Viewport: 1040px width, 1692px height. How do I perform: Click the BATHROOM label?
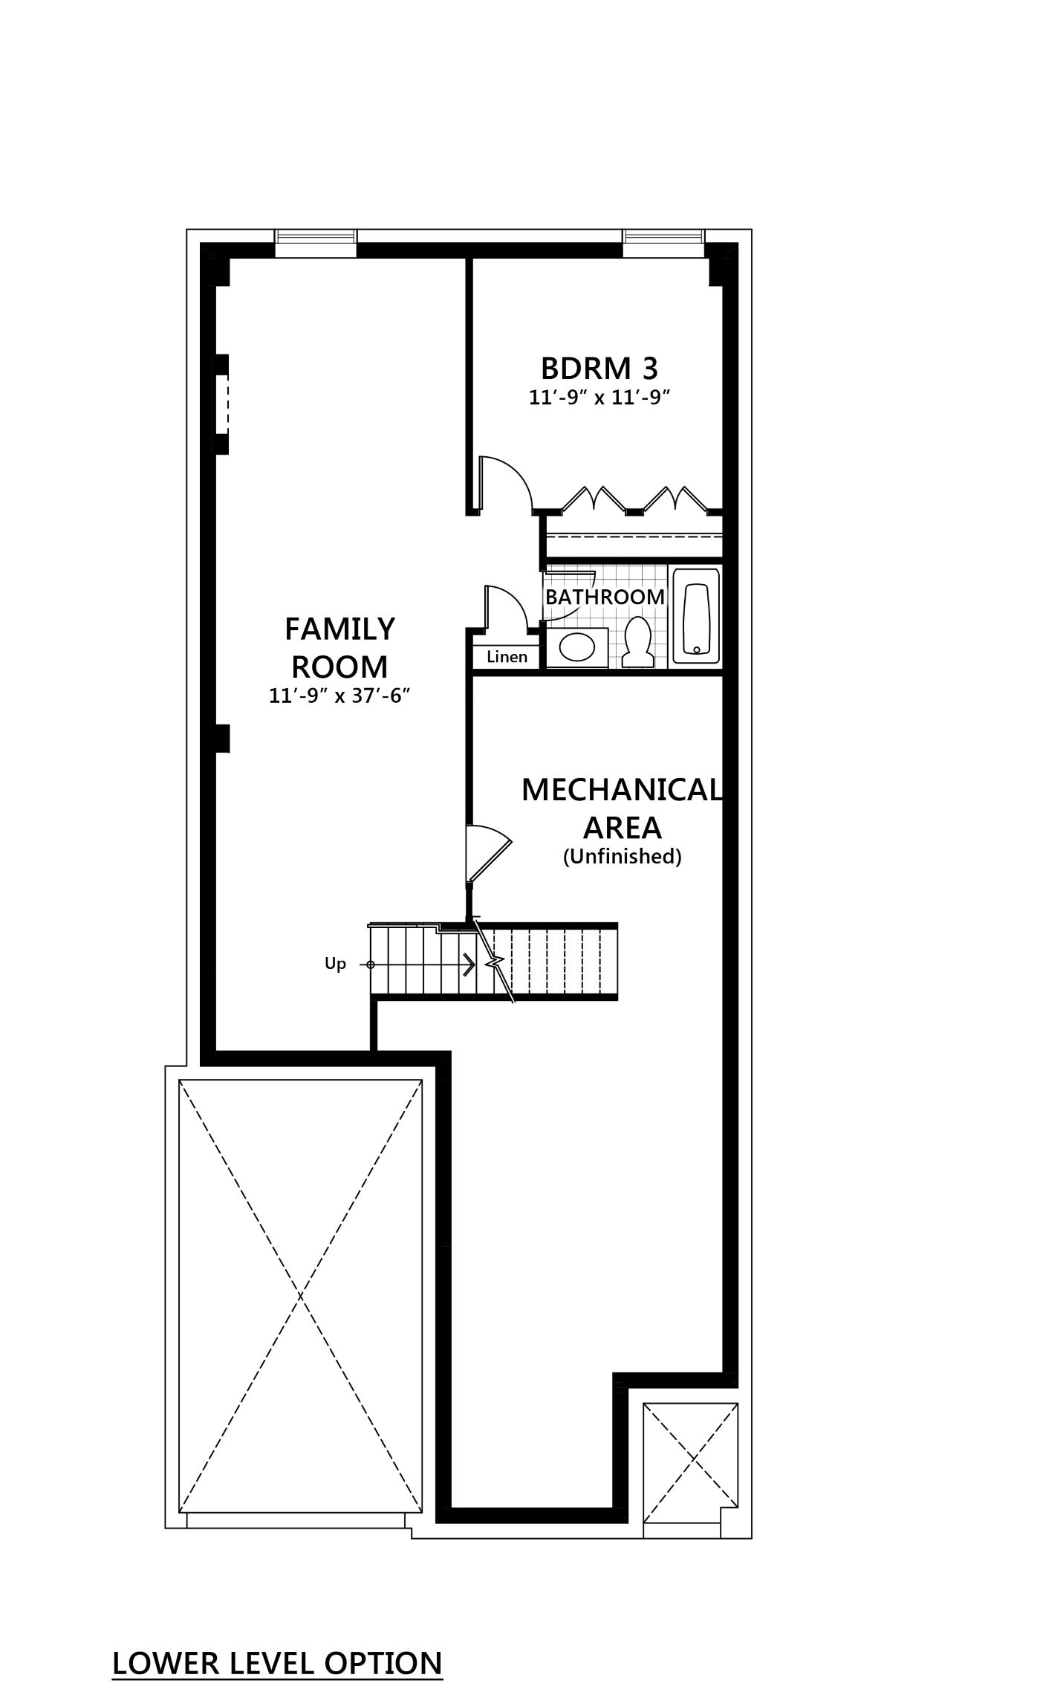pyautogui.click(x=605, y=597)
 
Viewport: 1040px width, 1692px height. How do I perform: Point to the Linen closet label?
pyautogui.click(x=507, y=657)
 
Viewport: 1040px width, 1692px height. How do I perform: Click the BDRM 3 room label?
pyautogui.click(x=600, y=368)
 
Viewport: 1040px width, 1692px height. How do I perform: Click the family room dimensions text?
pyautogui.click(x=340, y=696)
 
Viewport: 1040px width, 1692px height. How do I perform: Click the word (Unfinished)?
pyautogui.click(x=622, y=857)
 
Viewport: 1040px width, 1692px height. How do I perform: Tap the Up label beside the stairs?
pyautogui.click(x=336, y=965)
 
